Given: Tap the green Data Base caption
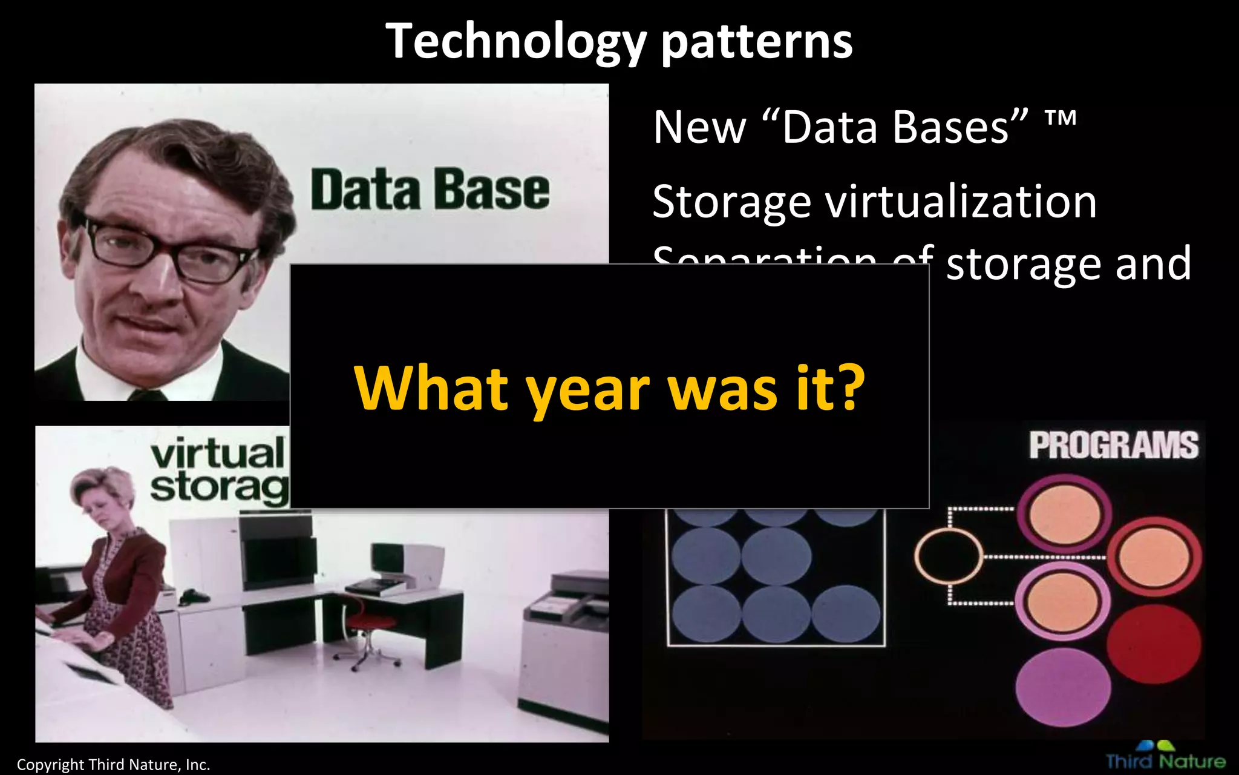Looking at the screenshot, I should point(430,190).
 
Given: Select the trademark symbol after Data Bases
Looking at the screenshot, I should point(1060,117).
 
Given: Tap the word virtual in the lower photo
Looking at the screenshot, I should point(218,454).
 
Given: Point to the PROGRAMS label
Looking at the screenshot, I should point(1113,446).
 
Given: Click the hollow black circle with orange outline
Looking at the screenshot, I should point(948,556).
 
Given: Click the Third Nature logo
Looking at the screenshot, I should point(1165,757).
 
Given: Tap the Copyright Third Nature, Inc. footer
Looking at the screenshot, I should point(113,765).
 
